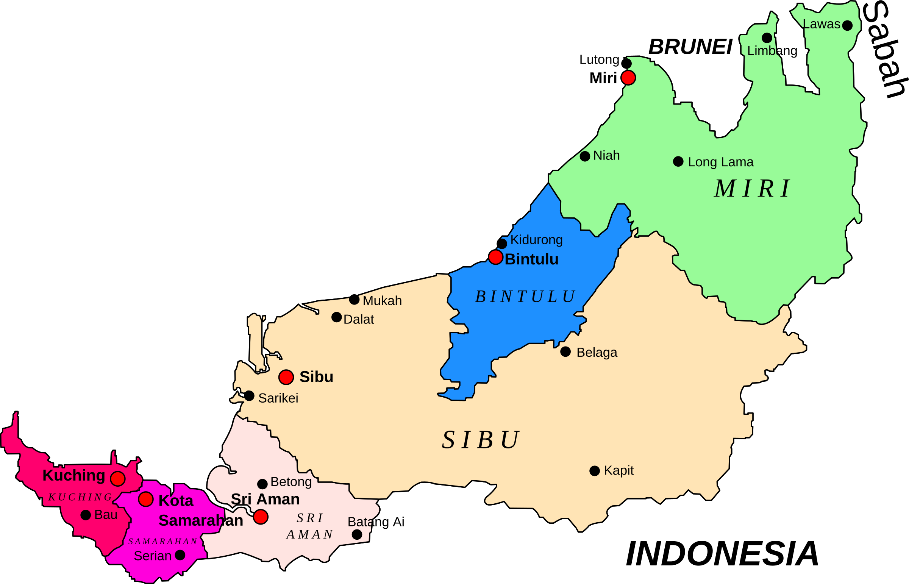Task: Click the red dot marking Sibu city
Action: click(x=286, y=377)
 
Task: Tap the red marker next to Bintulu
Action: click(x=496, y=257)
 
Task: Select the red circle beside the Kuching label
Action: click(x=117, y=479)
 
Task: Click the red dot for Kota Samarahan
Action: click(x=145, y=499)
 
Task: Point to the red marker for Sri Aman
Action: click(x=261, y=517)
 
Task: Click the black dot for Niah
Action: click(x=585, y=156)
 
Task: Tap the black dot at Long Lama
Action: click(x=678, y=162)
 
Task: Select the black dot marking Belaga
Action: click(x=565, y=351)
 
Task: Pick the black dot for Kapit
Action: click(x=595, y=471)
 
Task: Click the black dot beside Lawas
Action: click(x=847, y=25)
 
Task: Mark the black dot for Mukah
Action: click(x=354, y=300)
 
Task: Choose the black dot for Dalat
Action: click(x=336, y=317)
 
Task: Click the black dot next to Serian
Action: click(x=180, y=555)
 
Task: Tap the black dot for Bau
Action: click(x=86, y=515)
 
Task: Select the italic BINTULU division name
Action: click(x=526, y=297)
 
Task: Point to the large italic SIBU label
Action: click(x=481, y=440)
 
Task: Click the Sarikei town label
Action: click(x=278, y=398)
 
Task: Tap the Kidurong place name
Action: click(x=536, y=240)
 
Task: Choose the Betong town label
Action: click(x=291, y=482)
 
